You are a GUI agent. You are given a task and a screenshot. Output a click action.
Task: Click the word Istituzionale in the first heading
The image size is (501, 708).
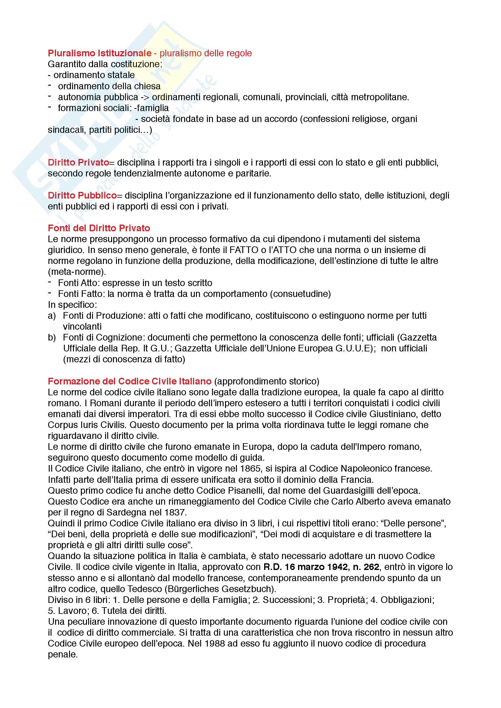click(x=124, y=53)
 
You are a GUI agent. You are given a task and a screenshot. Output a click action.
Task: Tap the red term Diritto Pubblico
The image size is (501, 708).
click(x=82, y=196)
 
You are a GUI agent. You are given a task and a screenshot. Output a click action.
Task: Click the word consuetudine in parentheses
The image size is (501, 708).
click(x=300, y=294)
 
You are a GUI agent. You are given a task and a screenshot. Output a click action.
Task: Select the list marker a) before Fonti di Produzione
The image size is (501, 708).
click(x=52, y=316)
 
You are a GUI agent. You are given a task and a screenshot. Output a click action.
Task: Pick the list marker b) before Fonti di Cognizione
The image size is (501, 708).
click(x=52, y=338)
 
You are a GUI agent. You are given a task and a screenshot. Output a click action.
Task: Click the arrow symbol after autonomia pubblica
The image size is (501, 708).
click(x=145, y=97)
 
